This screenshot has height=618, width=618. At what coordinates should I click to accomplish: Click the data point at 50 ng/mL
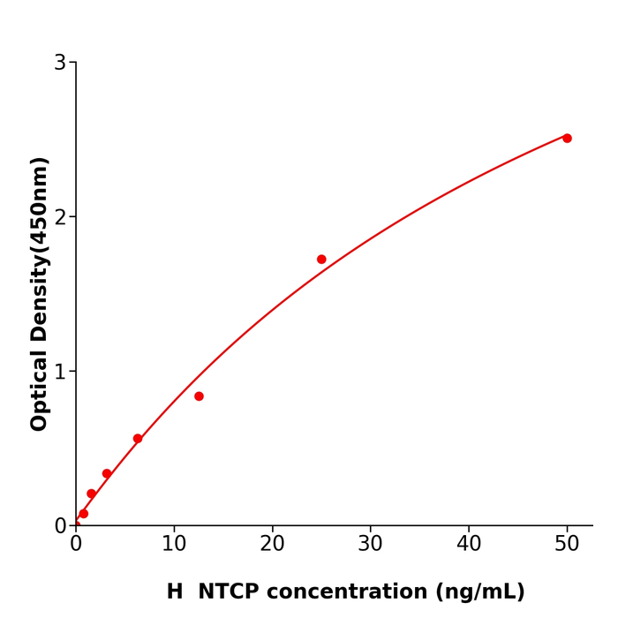click(567, 138)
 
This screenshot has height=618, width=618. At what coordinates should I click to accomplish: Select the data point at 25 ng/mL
click(321, 260)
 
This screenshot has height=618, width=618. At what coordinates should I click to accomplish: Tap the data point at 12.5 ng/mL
click(199, 396)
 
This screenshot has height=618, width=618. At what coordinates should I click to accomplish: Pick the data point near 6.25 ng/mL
click(138, 439)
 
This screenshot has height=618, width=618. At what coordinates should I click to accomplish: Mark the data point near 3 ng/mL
click(107, 474)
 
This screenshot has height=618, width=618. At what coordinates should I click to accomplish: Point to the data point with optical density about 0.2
click(91, 494)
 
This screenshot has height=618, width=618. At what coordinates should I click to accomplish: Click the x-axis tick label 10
click(174, 545)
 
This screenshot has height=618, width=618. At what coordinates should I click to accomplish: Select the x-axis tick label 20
click(272, 545)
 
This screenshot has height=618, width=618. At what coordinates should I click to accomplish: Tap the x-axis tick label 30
click(370, 545)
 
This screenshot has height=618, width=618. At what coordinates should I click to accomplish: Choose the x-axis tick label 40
click(469, 545)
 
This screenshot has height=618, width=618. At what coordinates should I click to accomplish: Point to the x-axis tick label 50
click(567, 545)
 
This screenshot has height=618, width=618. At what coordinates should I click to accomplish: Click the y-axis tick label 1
click(60, 372)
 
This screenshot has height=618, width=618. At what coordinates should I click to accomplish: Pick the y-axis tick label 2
click(60, 217)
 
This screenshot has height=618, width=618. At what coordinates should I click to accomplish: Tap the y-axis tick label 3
click(60, 63)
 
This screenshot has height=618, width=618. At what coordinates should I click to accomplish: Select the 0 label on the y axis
click(60, 526)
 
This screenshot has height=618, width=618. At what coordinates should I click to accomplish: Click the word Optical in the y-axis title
click(40, 389)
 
